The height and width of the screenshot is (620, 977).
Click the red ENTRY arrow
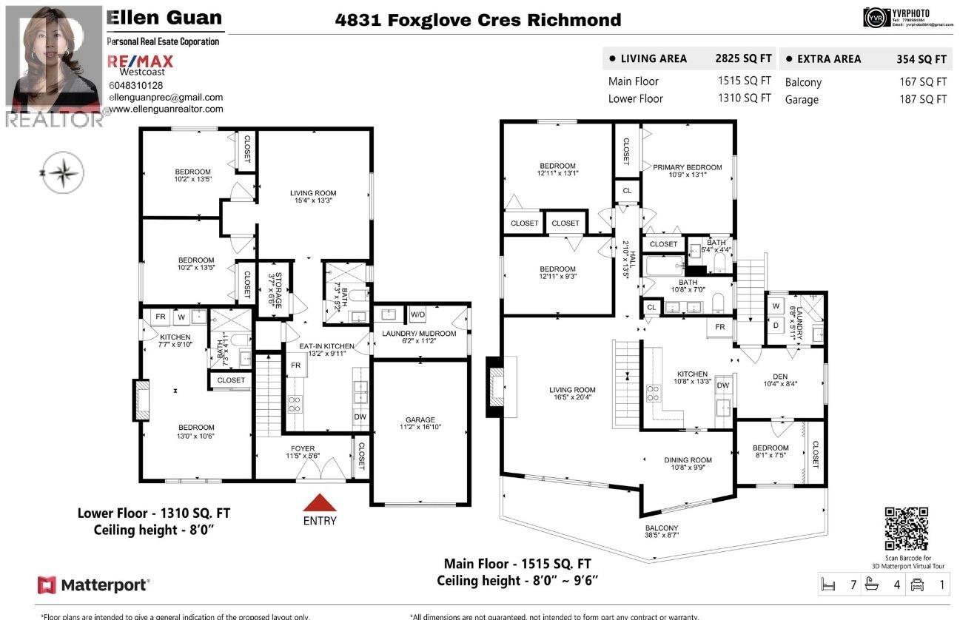[x=320, y=503]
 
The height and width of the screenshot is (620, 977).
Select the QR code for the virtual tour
[x=906, y=529]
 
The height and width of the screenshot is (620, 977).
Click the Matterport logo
[x=94, y=585]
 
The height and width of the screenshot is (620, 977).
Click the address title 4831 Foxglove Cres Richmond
[x=478, y=20]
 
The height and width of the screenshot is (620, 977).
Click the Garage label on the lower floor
[x=420, y=419]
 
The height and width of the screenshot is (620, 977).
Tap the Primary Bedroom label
[x=687, y=168]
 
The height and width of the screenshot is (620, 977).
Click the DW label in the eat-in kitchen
[x=360, y=417]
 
